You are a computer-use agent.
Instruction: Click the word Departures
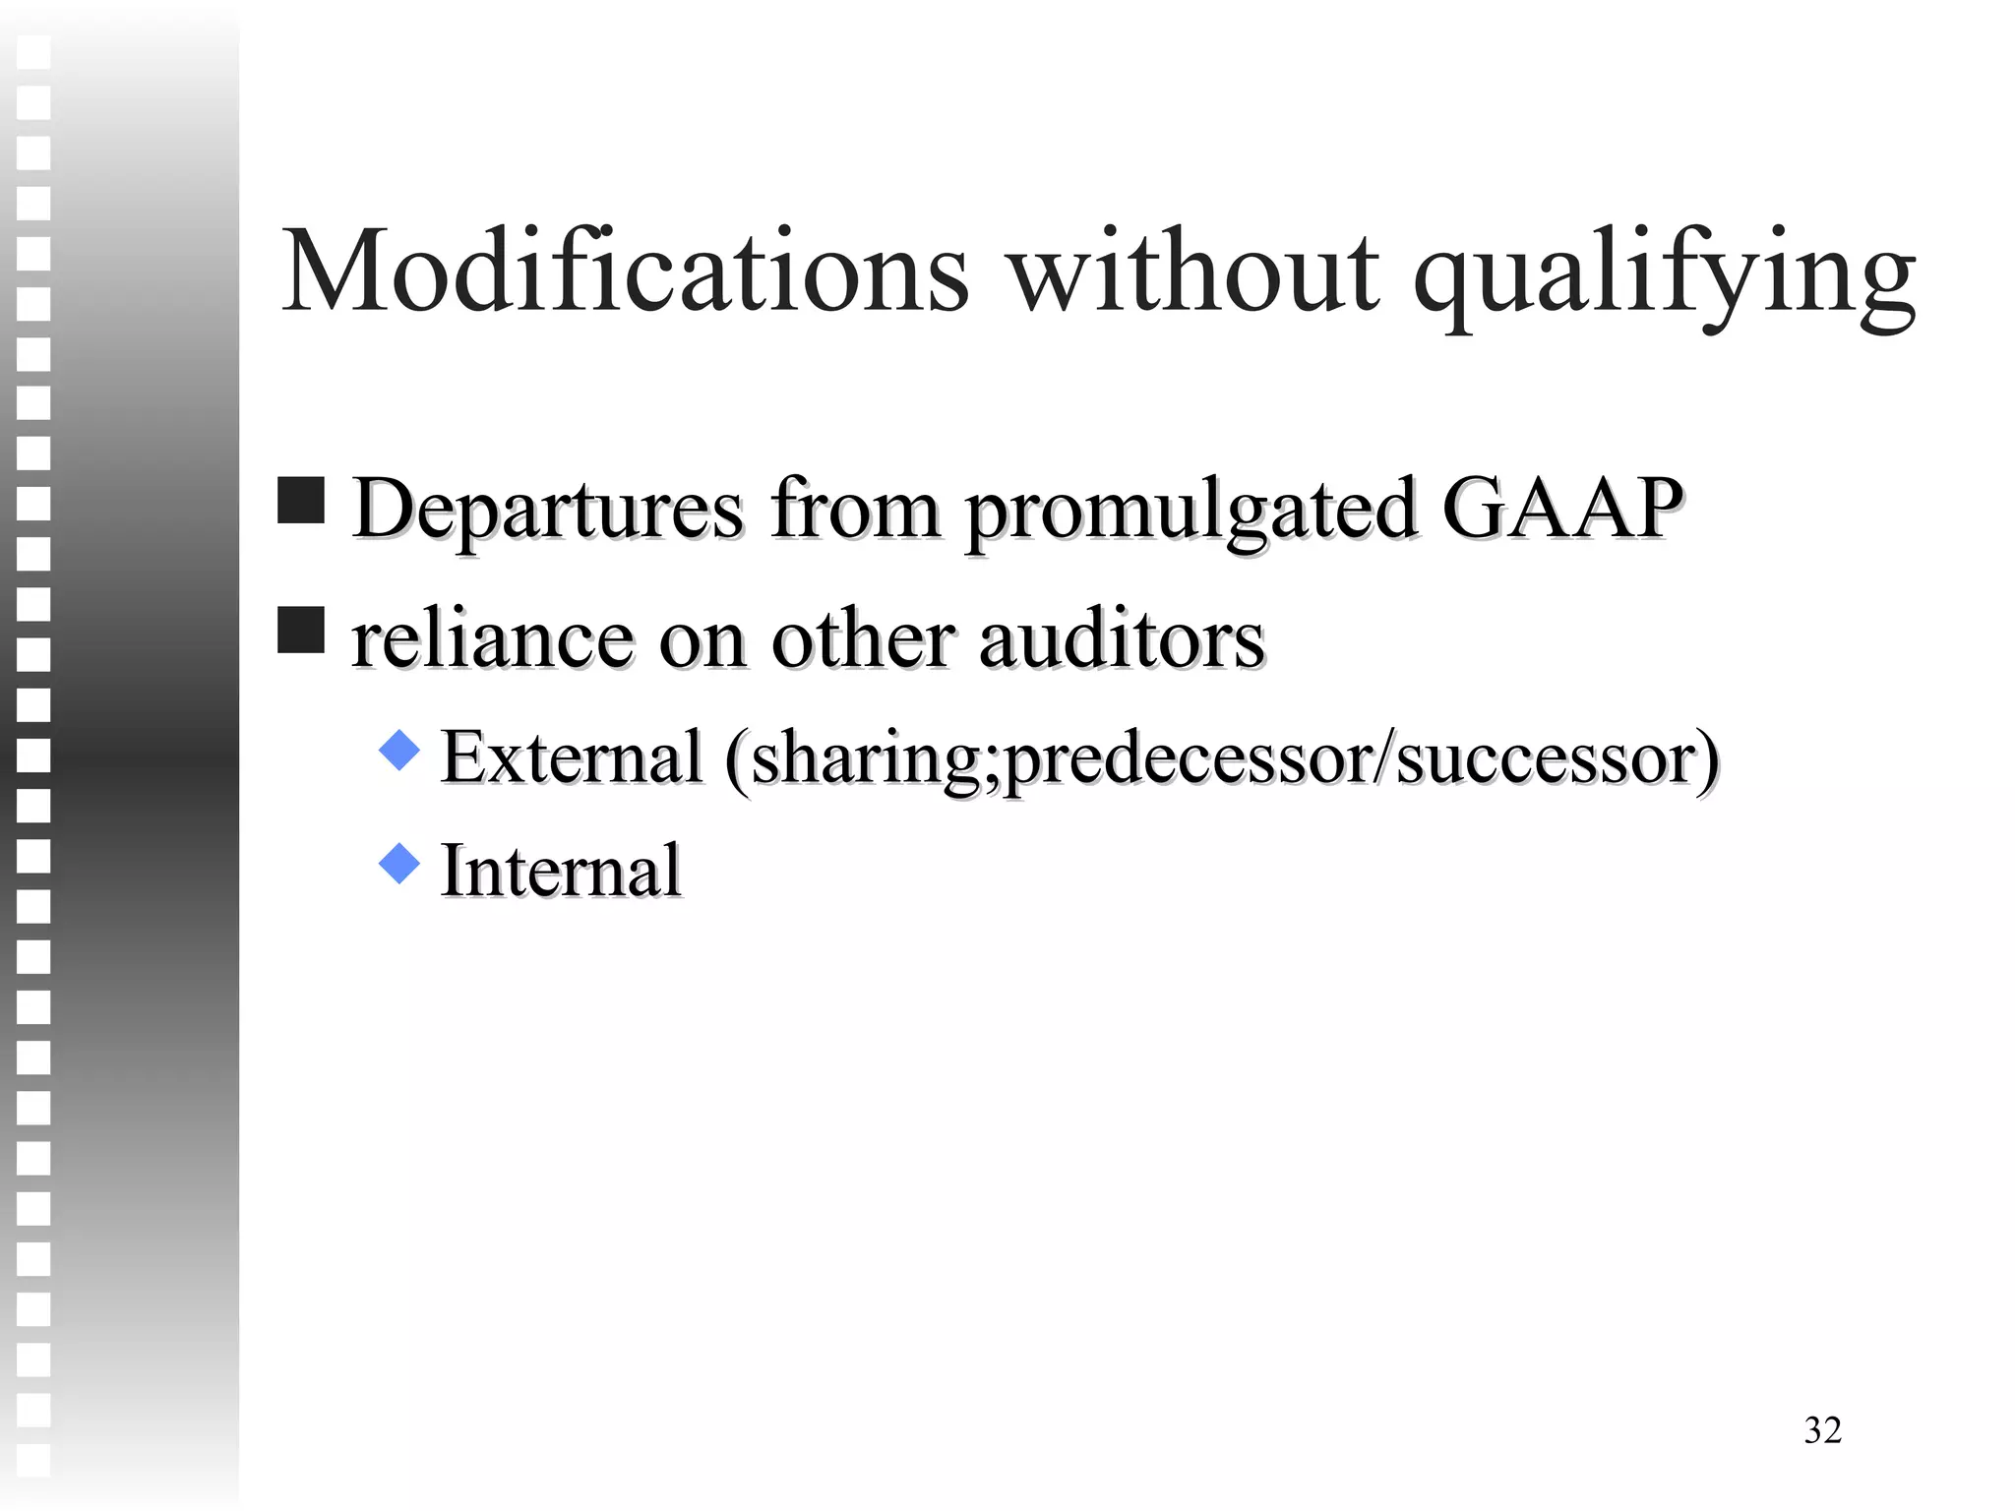pos(548,510)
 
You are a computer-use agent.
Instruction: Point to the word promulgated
pos(1190,512)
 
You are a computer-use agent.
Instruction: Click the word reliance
pos(492,639)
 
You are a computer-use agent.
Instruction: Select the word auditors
pos(1122,639)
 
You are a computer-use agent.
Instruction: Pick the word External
pos(572,757)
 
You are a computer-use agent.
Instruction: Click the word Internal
pos(561,871)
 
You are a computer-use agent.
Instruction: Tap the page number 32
pos(1822,1430)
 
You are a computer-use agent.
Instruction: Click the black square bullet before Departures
pos(301,501)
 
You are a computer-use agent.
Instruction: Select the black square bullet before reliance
pos(301,631)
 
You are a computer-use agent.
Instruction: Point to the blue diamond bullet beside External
pos(399,750)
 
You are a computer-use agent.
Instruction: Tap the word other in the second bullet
pos(863,639)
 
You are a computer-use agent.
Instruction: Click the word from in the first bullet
pos(855,510)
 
